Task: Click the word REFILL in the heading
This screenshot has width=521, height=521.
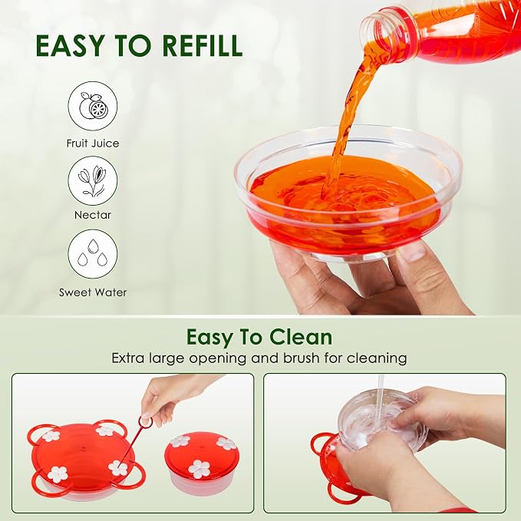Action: (x=203, y=45)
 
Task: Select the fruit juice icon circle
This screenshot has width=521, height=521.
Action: (x=93, y=107)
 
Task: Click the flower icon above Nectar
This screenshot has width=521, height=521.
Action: (x=93, y=181)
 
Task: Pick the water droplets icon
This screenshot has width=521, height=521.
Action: (x=93, y=254)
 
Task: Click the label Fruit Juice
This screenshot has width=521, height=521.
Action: (x=93, y=143)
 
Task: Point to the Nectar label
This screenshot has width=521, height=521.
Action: (x=93, y=215)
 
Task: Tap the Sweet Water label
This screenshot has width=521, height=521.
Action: (x=93, y=293)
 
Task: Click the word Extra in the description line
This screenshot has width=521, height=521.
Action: (x=128, y=358)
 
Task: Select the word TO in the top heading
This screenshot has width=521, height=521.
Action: (x=134, y=45)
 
